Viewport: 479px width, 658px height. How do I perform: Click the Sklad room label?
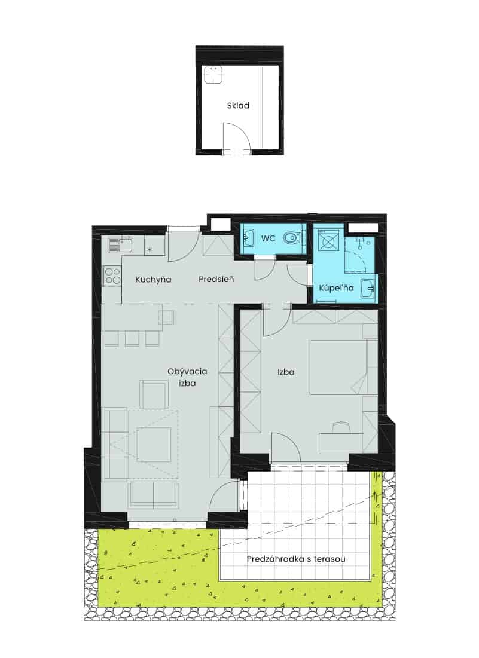tap(238, 106)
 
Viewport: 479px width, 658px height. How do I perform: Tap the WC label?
tap(269, 238)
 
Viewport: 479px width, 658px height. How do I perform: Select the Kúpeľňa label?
tap(336, 288)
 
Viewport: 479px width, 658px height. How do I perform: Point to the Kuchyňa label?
tap(153, 280)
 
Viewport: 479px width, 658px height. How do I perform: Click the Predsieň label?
tap(216, 279)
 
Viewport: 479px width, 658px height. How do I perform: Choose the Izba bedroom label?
tap(286, 372)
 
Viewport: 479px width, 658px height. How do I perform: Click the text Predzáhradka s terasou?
tap(296, 559)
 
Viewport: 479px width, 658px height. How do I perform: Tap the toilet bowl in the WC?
tap(292, 238)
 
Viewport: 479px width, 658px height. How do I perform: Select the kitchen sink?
tap(120, 245)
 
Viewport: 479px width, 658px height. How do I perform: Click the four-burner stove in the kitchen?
tap(112, 276)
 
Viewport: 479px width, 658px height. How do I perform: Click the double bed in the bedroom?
tap(338, 367)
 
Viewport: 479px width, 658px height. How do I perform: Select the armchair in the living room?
tap(154, 394)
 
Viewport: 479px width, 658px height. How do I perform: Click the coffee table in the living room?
tap(154, 445)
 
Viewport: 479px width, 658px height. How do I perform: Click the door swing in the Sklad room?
tap(237, 136)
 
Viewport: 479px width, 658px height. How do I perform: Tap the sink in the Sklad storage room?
tap(213, 74)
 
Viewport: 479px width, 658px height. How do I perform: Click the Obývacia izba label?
tap(187, 377)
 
